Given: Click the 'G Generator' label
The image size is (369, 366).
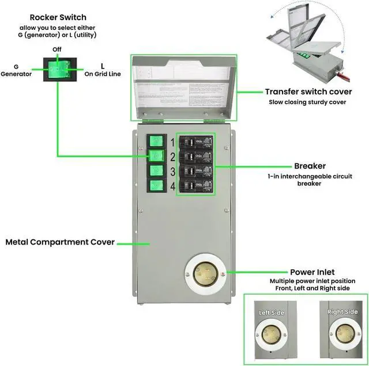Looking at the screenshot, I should (16, 70).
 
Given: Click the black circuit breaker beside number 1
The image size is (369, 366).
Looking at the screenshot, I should (195, 142).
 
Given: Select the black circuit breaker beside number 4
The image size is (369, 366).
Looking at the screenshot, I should (195, 185).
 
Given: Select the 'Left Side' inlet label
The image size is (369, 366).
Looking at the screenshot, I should (272, 312).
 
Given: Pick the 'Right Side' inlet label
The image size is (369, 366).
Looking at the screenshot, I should (342, 312).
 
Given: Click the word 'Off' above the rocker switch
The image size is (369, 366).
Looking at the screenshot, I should (57, 49).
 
